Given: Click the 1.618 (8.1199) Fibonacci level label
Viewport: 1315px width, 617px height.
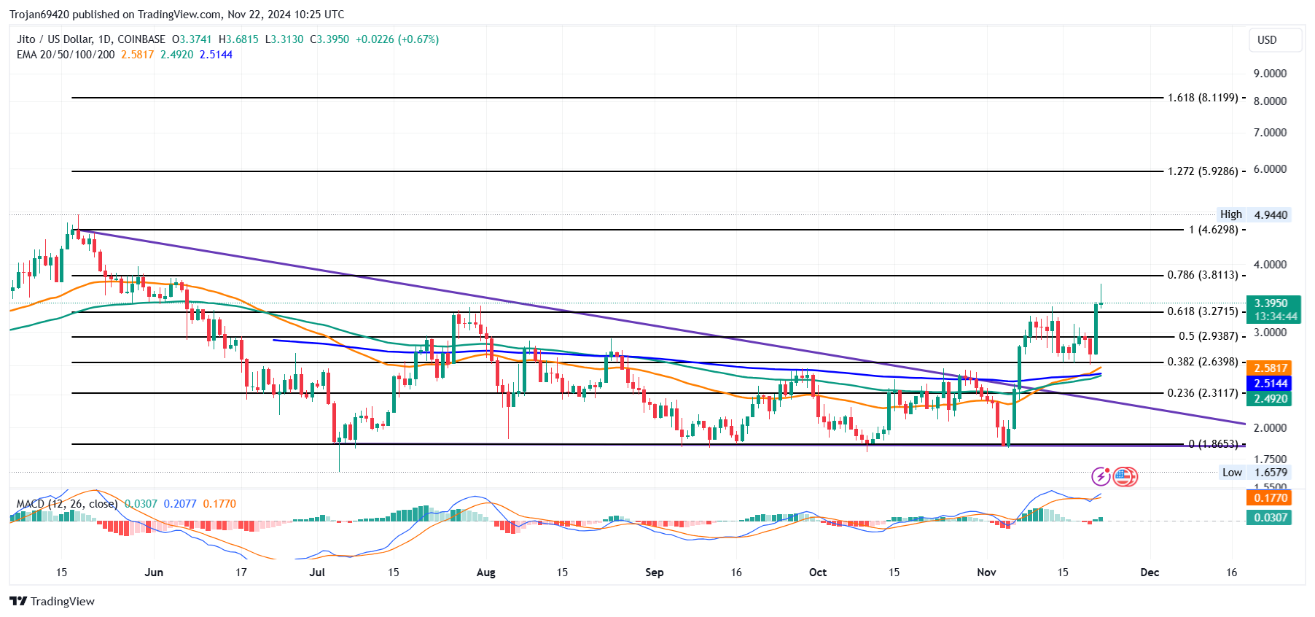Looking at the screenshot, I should [x=1203, y=98].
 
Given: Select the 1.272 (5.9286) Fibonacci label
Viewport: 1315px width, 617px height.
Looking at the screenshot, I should [x=1203, y=171].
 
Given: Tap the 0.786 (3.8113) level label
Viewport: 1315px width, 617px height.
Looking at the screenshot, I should [x=1203, y=275].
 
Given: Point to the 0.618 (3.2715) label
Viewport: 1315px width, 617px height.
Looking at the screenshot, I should [x=1203, y=311].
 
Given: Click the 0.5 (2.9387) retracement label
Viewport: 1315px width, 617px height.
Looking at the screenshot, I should [x=1208, y=336].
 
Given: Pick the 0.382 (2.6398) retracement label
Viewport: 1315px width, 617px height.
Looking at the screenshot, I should [x=1203, y=362].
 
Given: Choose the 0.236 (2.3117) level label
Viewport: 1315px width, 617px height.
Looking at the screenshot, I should [x=1203, y=392].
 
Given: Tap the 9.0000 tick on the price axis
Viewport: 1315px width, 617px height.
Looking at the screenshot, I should [x=1270, y=74].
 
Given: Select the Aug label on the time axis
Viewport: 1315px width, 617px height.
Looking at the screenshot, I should [x=485, y=573].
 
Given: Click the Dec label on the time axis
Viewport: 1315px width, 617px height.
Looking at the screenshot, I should [x=1150, y=573].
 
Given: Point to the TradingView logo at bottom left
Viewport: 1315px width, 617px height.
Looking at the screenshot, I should [x=52, y=601].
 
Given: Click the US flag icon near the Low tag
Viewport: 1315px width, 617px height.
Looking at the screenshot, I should [x=1125, y=477].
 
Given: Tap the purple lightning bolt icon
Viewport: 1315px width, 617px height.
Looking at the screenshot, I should [x=1101, y=477].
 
